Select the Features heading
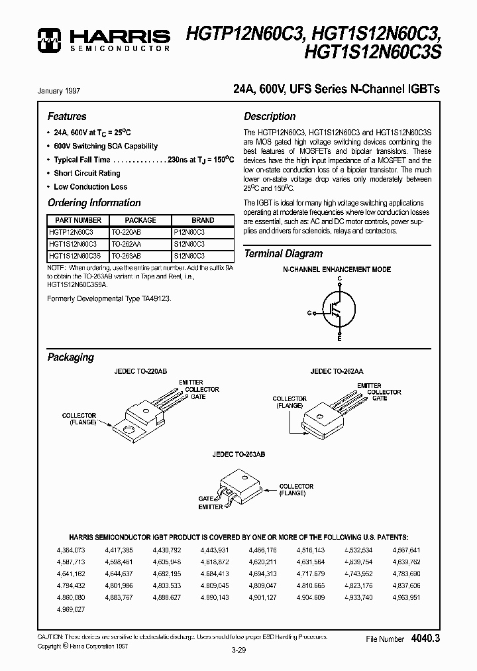coord(67,116)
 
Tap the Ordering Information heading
coord(94,203)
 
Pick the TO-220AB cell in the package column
coord(126,233)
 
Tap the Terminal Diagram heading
coord(284,254)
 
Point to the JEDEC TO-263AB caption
coord(238,455)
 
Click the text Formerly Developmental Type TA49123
coord(109,299)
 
